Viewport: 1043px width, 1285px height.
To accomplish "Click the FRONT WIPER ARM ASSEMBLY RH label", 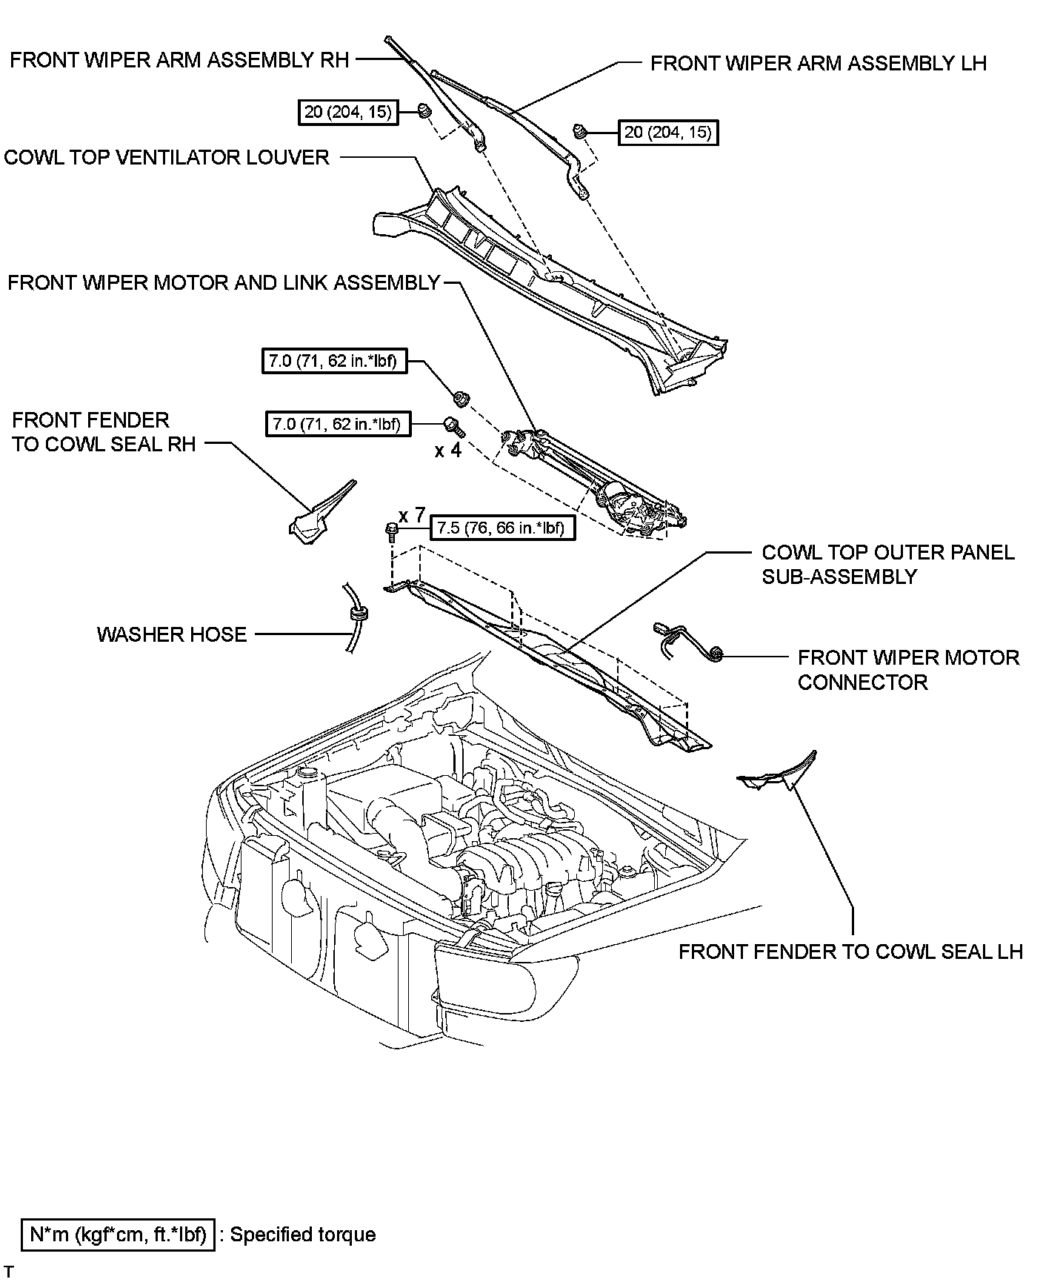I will [179, 60].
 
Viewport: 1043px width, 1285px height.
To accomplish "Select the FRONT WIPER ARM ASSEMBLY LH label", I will [818, 64].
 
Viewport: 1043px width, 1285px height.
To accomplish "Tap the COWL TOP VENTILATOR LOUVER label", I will [167, 157].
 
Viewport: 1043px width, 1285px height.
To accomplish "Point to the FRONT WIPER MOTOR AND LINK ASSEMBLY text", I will [224, 283].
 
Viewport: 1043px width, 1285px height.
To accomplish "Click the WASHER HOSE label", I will [171, 634].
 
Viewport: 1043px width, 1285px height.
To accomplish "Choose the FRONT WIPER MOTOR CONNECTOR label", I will [907, 669].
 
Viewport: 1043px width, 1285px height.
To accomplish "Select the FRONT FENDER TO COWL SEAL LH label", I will [850, 952].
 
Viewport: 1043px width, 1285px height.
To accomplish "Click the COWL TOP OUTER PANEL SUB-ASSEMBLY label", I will [887, 565].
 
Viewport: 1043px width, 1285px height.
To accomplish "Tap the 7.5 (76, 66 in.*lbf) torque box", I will [501, 528].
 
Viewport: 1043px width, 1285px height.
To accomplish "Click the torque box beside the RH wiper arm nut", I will [347, 113].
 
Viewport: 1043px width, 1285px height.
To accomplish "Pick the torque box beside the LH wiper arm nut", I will [668, 133].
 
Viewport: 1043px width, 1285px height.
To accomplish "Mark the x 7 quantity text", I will [412, 514].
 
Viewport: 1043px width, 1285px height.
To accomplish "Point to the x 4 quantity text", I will [447, 450].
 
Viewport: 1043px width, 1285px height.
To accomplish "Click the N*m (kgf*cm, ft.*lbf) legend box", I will [119, 1235].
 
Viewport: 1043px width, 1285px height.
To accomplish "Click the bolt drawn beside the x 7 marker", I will [390, 531].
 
